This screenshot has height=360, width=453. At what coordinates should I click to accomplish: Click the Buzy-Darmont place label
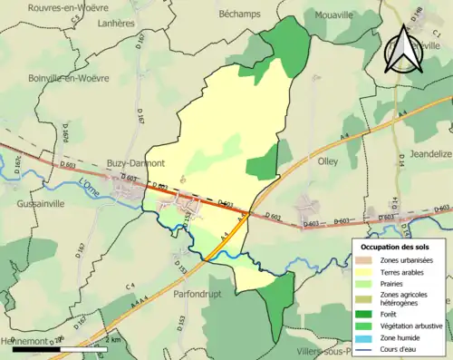(135, 163)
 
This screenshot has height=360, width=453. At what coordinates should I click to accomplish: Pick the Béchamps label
(239, 15)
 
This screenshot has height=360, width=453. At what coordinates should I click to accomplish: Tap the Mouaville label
(335, 15)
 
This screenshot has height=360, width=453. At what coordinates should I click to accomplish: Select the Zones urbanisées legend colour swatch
(368, 260)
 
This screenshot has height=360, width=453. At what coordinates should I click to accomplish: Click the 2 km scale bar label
(112, 340)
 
